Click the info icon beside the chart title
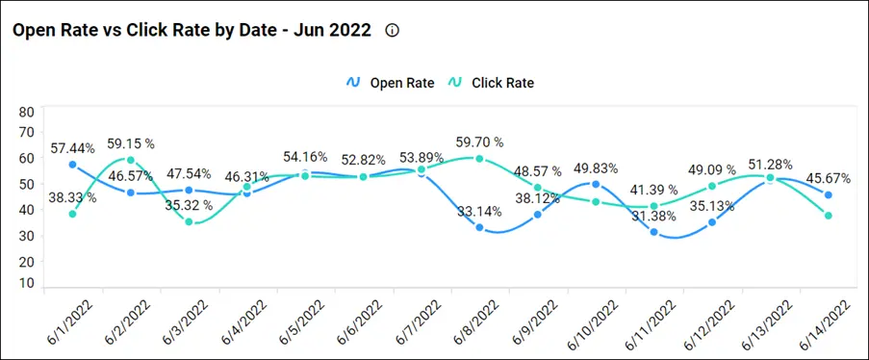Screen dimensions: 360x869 [x=392, y=30]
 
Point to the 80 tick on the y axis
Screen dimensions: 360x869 [x=26, y=112]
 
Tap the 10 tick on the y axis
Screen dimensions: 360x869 [x=26, y=283]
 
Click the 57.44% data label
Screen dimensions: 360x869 [x=73, y=148]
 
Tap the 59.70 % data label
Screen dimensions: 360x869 [x=479, y=143]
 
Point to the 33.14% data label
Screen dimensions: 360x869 [x=477, y=212]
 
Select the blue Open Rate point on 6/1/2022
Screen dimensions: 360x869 [x=73, y=165]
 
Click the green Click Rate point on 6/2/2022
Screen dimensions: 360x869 [x=131, y=161]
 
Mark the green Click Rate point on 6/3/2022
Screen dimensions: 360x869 [x=189, y=222]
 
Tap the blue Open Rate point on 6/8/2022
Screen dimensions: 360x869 [x=479, y=227]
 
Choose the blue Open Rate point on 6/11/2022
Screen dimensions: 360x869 [x=653, y=232]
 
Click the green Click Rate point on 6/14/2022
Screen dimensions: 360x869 [x=828, y=216]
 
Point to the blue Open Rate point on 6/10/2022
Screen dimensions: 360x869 [x=596, y=184]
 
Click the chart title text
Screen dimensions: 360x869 [x=191, y=30]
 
